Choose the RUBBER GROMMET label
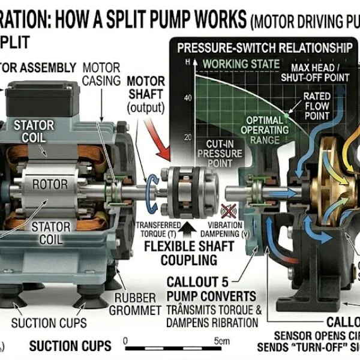pyautogui.click(x=136, y=304)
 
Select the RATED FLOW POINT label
pyautogui.click(x=316, y=106)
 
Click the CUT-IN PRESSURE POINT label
pyautogui.click(x=220, y=154)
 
